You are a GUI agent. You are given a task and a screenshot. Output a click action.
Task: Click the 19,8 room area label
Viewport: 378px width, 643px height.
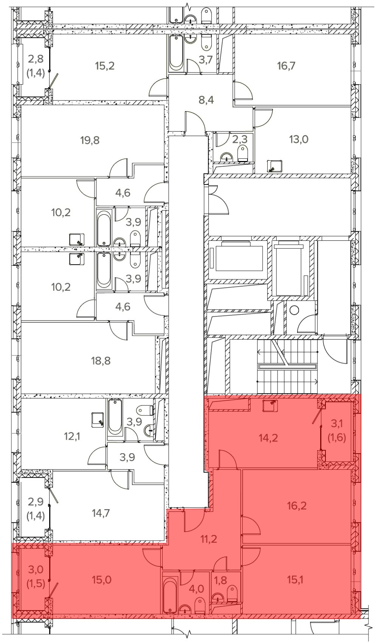(x=90, y=140)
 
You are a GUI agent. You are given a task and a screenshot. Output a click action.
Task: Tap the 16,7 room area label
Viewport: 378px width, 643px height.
(x=286, y=66)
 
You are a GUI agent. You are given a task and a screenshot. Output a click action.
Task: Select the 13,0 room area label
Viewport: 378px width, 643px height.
(x=299, y=139)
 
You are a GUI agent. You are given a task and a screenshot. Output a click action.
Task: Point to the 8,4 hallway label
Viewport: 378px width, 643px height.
(x=206, y=101)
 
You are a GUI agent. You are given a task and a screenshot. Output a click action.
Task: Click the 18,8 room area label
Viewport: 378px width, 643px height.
(x=101, y=361)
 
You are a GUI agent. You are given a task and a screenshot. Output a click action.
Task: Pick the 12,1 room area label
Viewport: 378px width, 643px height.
(x=72, y=437)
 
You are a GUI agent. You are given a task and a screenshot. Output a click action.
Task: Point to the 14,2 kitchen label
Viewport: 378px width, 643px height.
(x=268, y=438)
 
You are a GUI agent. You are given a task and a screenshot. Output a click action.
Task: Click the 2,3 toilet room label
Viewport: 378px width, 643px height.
(x=240, y=140)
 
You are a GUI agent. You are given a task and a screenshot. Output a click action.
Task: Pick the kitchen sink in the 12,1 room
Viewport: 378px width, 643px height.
(x=97, y=420)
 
